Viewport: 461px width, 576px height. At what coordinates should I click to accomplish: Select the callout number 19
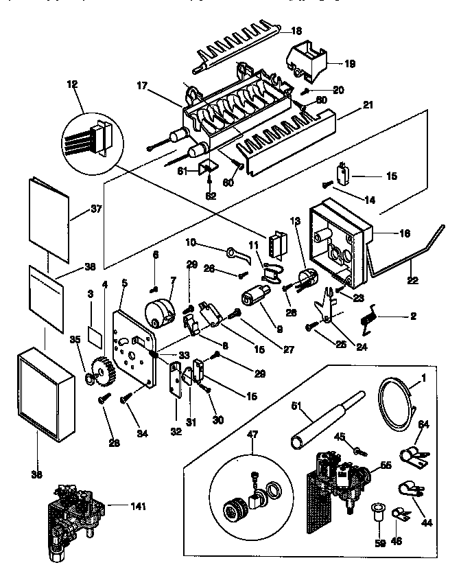point(350,64)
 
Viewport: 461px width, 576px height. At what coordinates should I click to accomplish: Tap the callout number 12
point(73,84)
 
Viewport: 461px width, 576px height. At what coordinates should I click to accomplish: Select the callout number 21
point(368,104)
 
